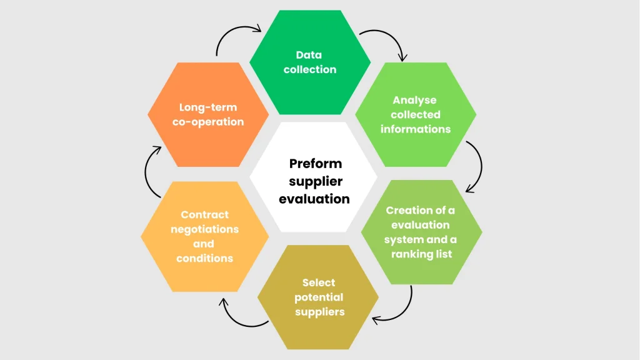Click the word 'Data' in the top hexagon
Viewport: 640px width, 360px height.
coord(310,55)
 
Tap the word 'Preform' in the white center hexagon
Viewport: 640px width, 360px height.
coord(316,164)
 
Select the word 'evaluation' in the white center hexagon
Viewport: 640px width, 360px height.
coord(314,199)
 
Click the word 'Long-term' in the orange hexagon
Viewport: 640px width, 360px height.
coord(208,107)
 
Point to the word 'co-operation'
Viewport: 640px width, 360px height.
coord(208,122)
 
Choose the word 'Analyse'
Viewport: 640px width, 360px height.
coord(414,100)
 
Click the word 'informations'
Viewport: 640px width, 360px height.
coord(416,129)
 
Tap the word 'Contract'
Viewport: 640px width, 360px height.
coord(205,214)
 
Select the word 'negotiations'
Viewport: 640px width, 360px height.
coord(205,229)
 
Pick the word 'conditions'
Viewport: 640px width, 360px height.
coord(204,258)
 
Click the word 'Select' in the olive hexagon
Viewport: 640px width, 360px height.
coord(319,282)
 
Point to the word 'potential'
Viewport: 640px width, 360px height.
coord(319,297)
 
